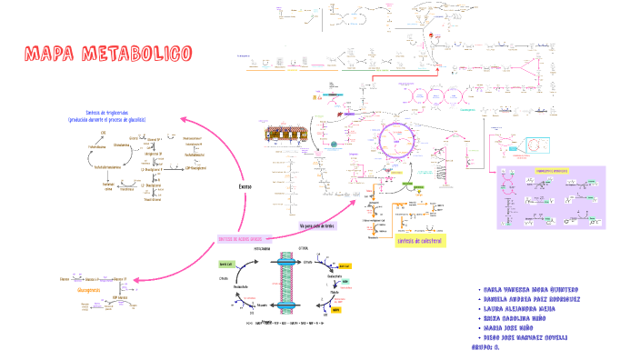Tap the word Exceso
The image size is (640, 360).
tap(245, 186)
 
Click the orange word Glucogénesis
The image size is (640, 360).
tap(88, 288)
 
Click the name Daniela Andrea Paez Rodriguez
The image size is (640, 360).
tap(535, 299)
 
